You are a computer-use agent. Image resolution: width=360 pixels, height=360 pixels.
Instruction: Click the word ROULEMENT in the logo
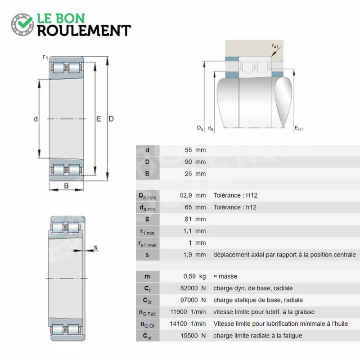click(84, 31)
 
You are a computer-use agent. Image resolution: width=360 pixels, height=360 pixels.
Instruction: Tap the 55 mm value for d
click(195, 150)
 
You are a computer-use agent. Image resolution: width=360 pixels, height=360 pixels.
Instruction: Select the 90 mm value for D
click(195, 162)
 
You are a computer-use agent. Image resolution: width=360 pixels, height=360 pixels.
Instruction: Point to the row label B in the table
click(147, 174)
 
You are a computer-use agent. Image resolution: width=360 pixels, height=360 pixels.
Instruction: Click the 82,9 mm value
click(193, 195)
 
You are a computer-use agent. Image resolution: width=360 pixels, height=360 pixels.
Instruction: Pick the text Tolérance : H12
click(235, 195)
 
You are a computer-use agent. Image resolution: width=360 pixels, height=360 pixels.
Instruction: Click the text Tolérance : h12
click(235, 207)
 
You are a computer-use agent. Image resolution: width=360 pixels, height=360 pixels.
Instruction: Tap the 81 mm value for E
click(195, 219)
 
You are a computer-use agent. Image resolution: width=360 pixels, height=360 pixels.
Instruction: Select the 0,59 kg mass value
click(194, 276)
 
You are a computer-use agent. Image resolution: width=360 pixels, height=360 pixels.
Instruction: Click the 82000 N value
click(193, 288)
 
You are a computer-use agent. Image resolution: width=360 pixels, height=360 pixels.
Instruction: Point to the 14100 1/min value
click(188, 324)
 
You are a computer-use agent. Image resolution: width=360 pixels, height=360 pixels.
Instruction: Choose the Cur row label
click(147, 336)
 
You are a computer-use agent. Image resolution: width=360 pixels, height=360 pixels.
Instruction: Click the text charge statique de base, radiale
click(258, 300)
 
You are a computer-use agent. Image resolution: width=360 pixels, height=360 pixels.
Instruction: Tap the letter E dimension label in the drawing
click(99, 119)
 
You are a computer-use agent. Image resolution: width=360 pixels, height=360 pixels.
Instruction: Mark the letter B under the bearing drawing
click(66, 185)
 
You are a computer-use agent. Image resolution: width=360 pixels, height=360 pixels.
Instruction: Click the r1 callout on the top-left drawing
click(45, 58)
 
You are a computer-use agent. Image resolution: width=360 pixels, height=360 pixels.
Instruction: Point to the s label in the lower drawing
click(95, 247)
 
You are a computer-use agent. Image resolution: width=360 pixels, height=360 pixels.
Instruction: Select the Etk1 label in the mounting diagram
click(299, 128)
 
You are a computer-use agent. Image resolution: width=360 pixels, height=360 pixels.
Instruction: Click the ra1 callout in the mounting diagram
click(275, 46)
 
